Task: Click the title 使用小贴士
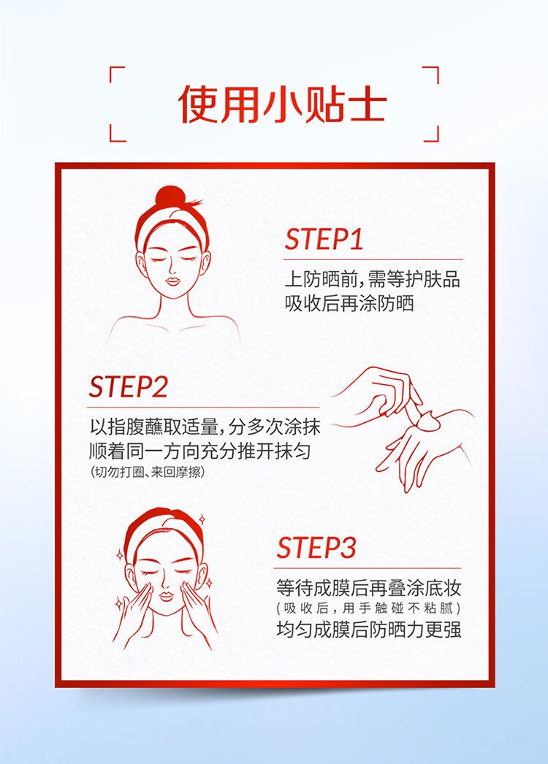(x=282, y=104)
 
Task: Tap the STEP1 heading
(x=324, y=240)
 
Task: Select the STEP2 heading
(x=128, y=387)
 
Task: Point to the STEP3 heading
(x=316, y=547)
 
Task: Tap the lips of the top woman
(x=172, y=282)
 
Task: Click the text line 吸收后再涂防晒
(x=349, y=304)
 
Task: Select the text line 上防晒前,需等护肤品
(x=373, y=280)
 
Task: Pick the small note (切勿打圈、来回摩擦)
(x=148, y=472)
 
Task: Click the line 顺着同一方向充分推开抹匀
(x=200, y=451)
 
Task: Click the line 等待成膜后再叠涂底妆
(x=368, y=588)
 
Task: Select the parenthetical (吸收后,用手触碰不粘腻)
(x=368, y=608)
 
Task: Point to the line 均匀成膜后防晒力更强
(x=368, y=630)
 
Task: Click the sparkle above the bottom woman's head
(x=202, y=519)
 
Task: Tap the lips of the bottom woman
(x=167, y=597)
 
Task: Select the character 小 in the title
(x=282, y=104)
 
